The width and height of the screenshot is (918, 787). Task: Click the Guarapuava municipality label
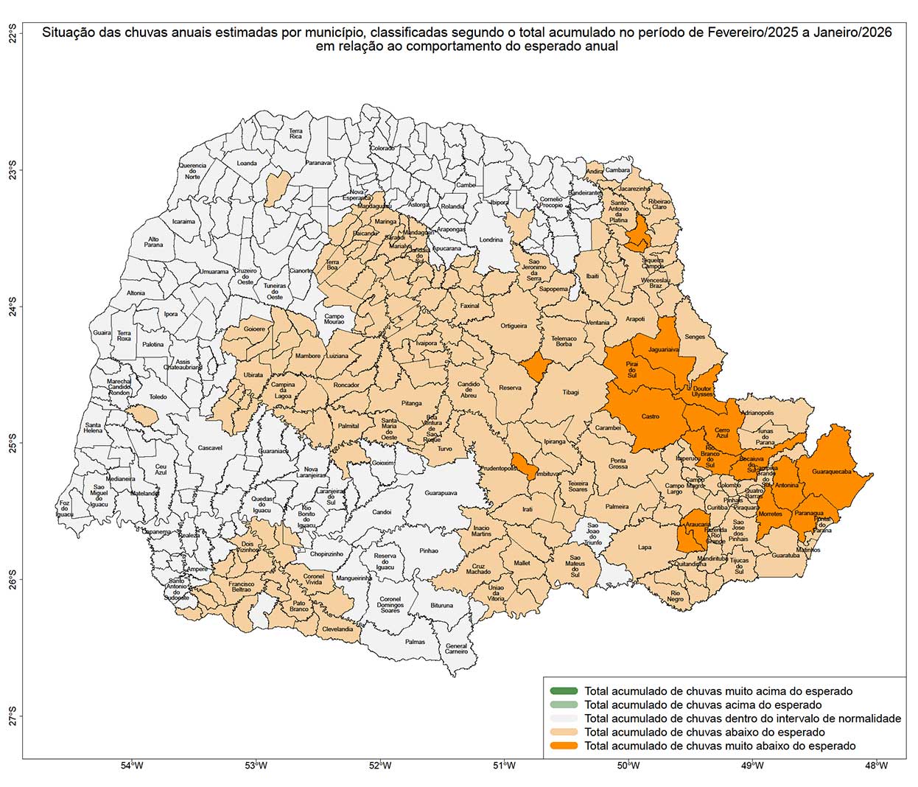coord(441,493)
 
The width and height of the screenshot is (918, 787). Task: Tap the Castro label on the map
coord(650,416)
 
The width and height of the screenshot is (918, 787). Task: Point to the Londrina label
coord(491,239)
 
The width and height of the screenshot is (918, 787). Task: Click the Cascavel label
coord(210,448)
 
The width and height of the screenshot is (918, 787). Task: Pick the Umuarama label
coord(214,272)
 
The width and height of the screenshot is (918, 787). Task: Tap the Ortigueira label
coord(514,326)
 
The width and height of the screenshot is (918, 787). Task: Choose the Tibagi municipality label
coord(570,393)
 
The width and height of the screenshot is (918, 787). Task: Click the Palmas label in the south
coord(415,642)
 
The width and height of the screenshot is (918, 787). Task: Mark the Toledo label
coord(158,397)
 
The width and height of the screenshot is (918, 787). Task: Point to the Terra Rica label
coord(295,133)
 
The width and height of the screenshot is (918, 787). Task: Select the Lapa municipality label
coord(645,548)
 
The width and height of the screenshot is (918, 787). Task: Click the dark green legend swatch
coord(564,691)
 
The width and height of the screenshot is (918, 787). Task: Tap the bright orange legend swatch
coord(564,746)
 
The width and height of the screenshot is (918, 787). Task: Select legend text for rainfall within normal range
coord(742,718)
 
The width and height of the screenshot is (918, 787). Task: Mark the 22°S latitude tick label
coord(13,35)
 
